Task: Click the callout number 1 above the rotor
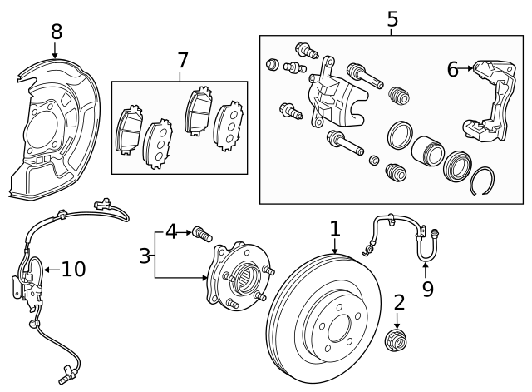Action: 335,228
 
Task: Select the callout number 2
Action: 398,302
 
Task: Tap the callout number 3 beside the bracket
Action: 145,256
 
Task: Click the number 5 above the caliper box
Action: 392,17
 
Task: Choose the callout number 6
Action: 452,69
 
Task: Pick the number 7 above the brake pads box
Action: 183,60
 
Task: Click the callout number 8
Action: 56,32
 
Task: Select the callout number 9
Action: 427,289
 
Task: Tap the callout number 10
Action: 73,269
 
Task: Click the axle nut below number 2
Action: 397,340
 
